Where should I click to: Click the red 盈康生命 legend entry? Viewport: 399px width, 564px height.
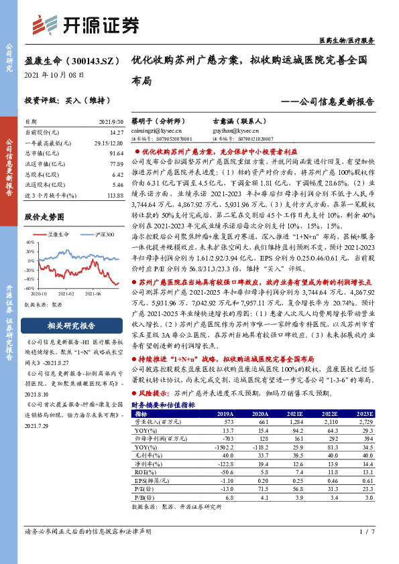pos(58,234)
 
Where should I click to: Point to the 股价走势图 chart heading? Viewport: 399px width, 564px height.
pos(45,218)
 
